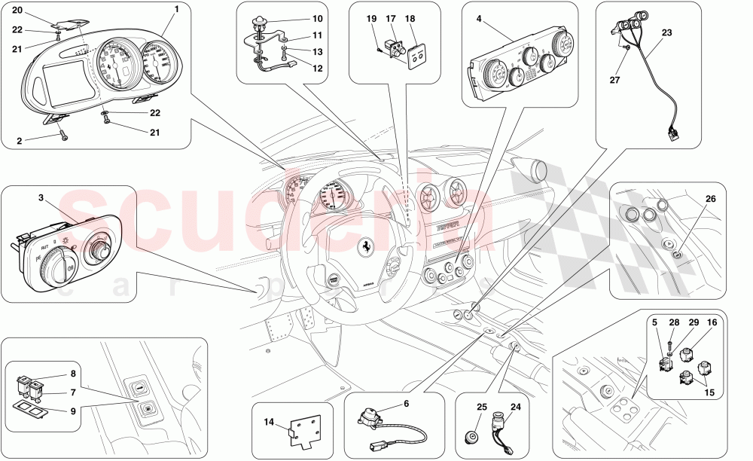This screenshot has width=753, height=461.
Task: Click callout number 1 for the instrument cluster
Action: pyautogui.click(x=176, y=9)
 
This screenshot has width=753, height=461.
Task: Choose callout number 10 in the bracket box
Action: pyautogui.click(x=296, y=17)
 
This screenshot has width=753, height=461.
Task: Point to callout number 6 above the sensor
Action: pyautogui.click(x=406, y=404)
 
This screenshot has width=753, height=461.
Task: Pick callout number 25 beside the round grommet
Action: pyautogui.click(x=481, y=407)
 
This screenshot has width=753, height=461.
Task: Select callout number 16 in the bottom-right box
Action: pyautogui.click(x=710, y=322)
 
